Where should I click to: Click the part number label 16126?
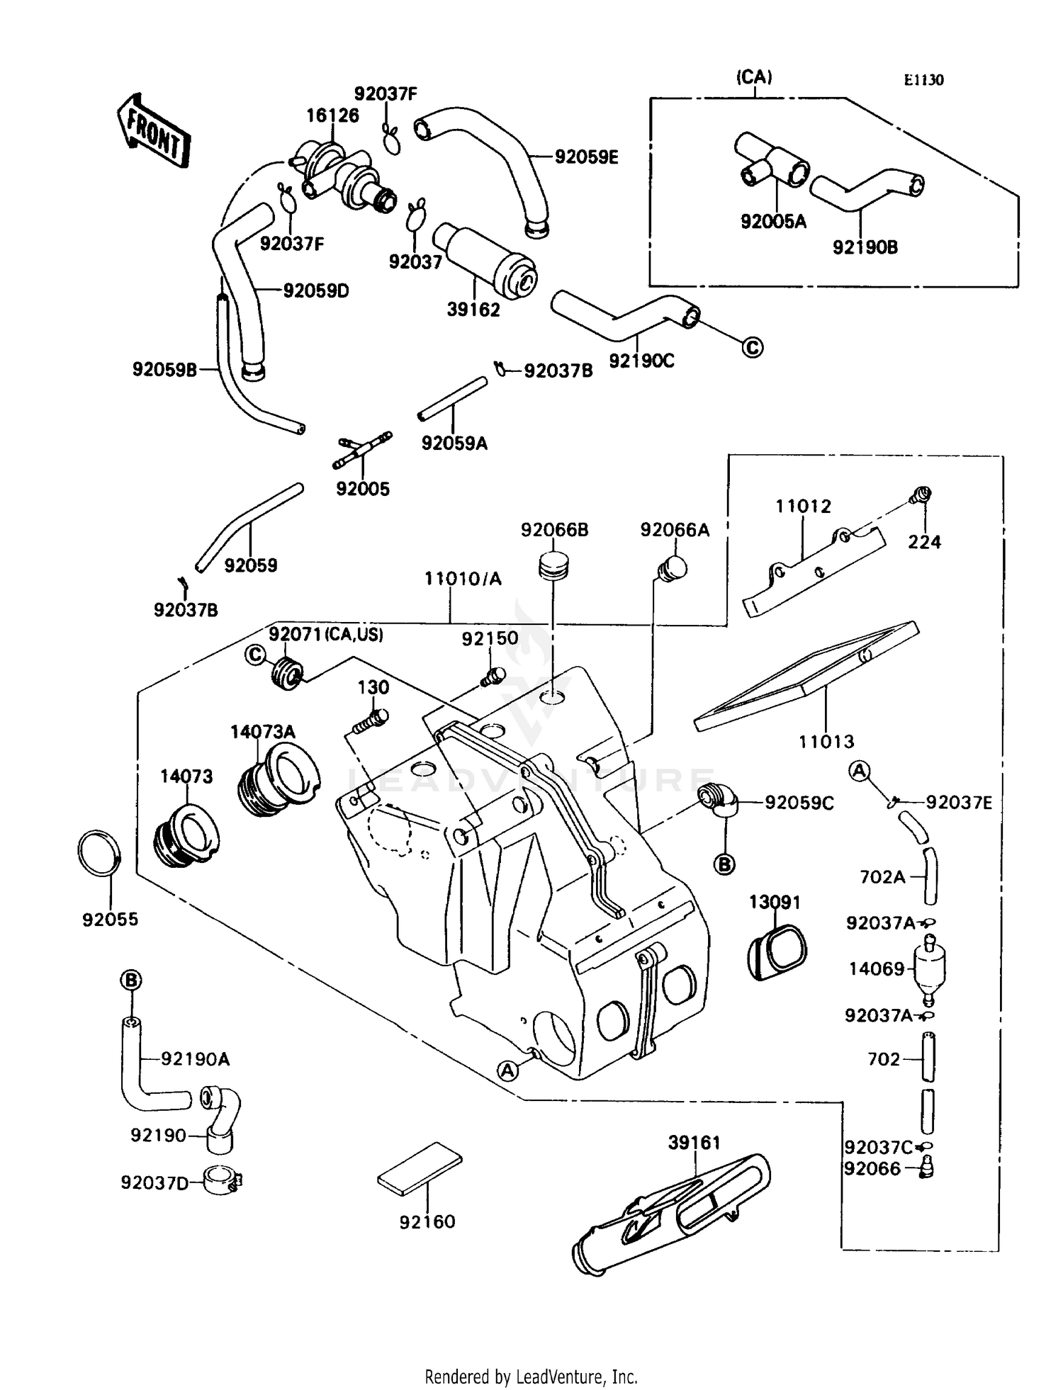click(332, 115)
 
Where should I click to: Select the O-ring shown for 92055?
click(99, 854)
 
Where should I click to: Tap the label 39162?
click(473, 310)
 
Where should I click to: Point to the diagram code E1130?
click(923, 80)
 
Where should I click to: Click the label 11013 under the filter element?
click(826, 742)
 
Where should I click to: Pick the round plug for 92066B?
click(554, 565)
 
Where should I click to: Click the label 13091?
click(775, 902)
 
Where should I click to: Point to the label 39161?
click(694, 1143)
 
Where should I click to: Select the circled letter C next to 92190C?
click(753, 347)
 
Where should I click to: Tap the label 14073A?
click(262, 732)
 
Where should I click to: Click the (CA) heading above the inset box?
click(754, 77)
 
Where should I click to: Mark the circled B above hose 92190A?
click(131, 981)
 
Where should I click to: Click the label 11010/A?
click(463, 579)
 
